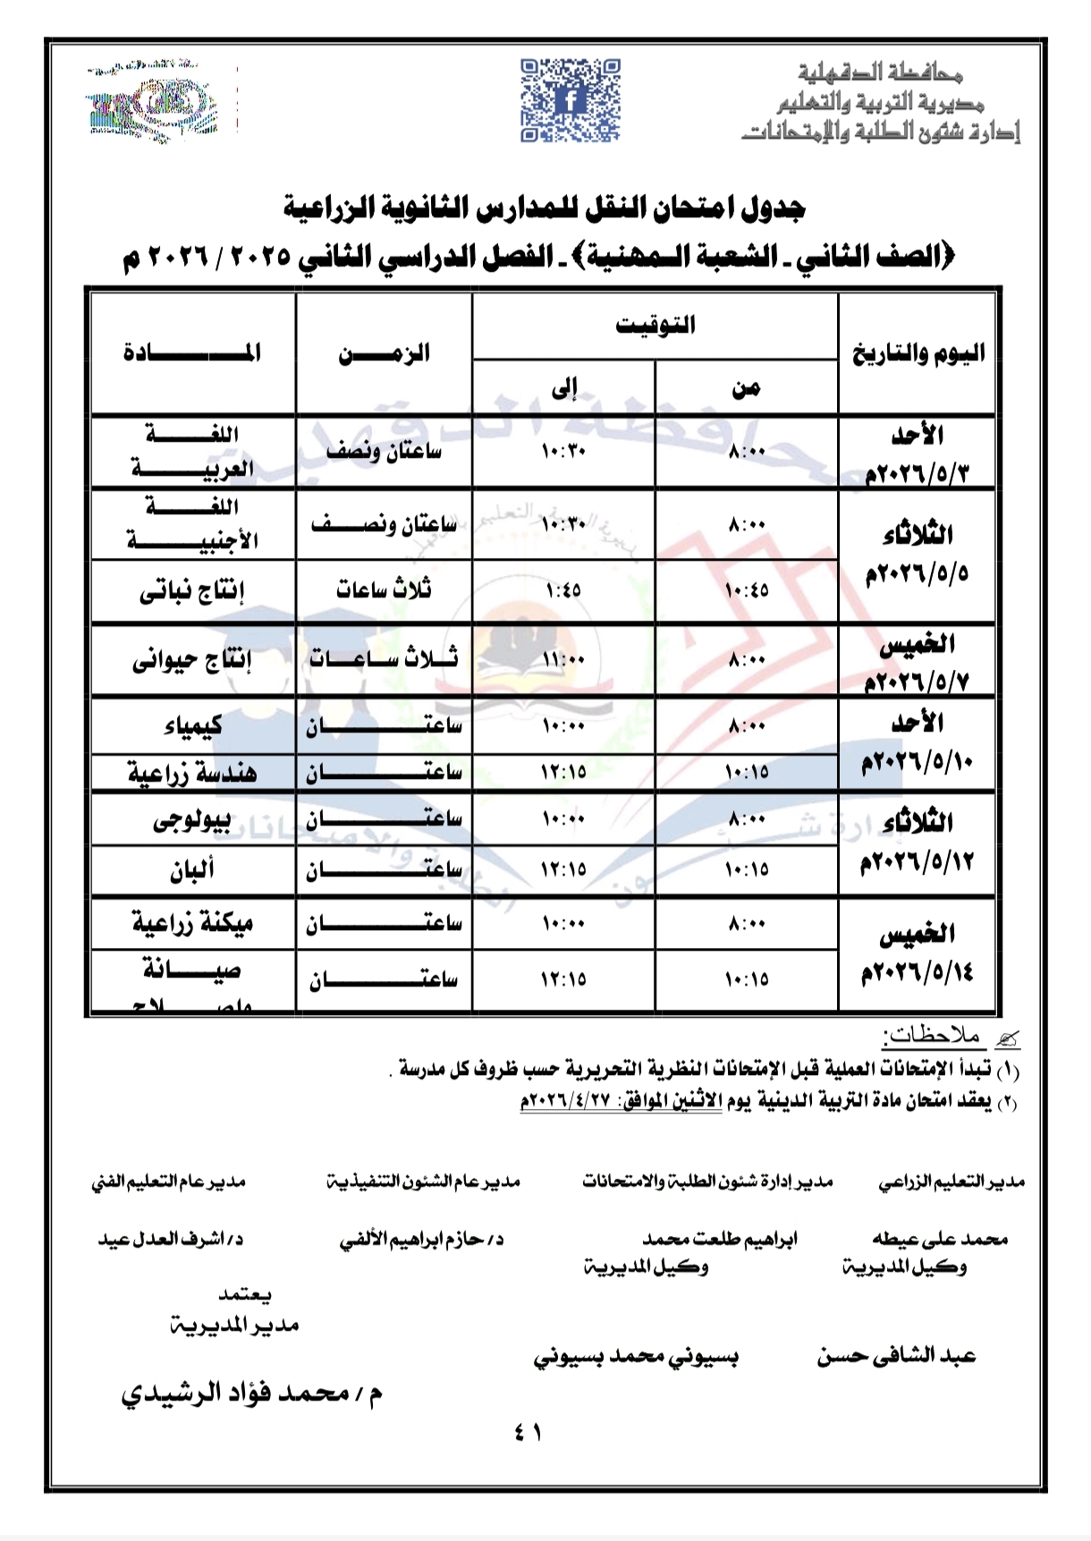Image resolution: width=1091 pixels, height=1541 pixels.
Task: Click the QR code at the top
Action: tap(571, 100)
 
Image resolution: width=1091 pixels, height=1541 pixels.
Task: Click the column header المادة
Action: tap(192, 352)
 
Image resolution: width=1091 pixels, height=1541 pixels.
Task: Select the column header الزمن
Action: tap(384, 353)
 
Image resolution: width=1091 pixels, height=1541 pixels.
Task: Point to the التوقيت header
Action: tap(655, 326)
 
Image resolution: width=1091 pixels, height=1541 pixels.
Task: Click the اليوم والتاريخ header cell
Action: tap(918, 353)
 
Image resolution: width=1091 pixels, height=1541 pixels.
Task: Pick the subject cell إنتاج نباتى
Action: tap(192, 591)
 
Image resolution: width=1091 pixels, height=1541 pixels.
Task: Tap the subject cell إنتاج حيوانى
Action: tap(192, 660)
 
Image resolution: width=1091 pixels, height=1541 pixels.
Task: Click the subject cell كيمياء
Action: tap(192, 725)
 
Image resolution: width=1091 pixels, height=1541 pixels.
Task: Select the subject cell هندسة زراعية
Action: tap(192, 773)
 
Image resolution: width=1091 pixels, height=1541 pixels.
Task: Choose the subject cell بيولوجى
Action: tap(192, 820)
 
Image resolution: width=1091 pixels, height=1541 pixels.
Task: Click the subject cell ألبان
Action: tap(192, 869)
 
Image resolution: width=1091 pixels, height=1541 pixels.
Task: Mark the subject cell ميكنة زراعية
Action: tap(192, 923)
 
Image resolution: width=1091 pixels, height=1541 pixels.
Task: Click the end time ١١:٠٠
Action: tap(563, 660)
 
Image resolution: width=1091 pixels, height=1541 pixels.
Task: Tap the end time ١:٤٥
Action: tap(563, 590)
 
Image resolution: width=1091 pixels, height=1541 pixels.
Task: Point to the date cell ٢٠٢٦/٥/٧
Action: tap(917, 681)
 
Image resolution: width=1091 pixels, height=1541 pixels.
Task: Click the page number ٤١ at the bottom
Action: tap(528, 1432)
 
